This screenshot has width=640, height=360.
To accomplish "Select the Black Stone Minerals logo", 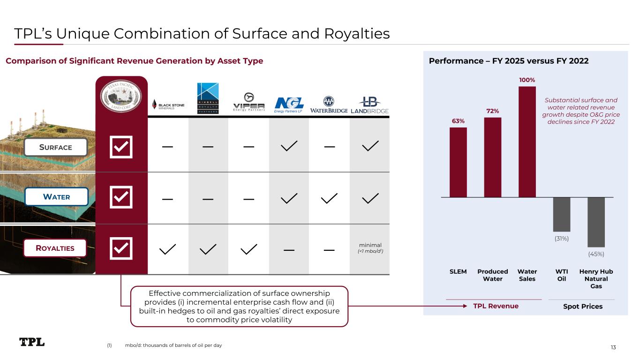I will (168, 105).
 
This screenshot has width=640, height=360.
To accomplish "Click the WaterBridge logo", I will (329, 105).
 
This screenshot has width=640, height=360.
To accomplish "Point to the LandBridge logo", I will (370, 105).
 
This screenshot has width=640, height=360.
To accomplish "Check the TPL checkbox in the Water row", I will (121, 197).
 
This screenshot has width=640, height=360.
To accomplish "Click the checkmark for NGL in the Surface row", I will (289, 146).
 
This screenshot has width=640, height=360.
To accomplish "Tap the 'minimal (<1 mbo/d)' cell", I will (370, 248).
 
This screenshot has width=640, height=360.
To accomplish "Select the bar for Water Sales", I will (527, 142).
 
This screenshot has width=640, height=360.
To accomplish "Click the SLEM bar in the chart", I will (458, 162).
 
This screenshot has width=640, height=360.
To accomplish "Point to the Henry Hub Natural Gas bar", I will (596, 222).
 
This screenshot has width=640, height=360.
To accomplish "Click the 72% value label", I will (492, 111).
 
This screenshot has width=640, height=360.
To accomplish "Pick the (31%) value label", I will (562, 239).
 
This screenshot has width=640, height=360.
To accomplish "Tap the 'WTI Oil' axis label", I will (562, 275).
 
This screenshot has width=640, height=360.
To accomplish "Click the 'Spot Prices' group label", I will (582, 306).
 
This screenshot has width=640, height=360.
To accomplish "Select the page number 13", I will (613, 347).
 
